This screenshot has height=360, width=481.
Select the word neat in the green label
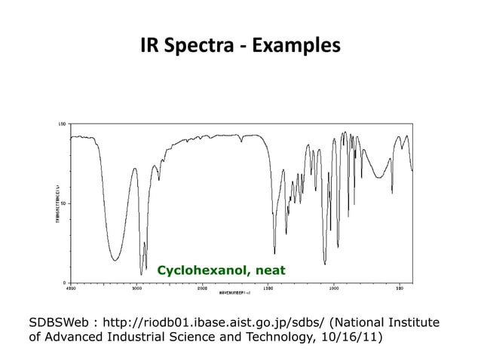270,270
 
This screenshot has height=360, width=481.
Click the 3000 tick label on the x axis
136,288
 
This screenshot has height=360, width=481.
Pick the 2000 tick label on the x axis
202,288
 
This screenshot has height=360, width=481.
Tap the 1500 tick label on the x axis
268,288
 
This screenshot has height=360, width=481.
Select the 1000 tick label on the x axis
334,288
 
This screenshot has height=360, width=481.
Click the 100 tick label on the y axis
63,123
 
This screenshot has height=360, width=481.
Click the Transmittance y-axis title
56,203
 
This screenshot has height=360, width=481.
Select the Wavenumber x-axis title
234,292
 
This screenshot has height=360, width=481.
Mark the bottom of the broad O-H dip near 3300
115,260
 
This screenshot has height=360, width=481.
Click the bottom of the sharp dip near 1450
274,252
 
